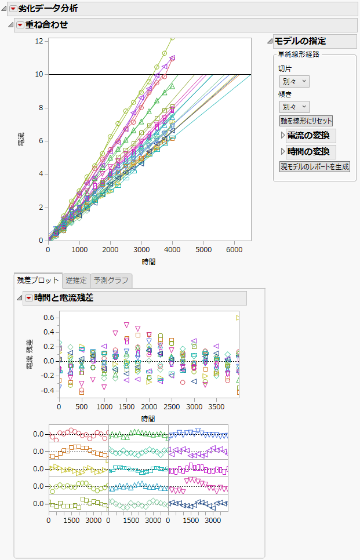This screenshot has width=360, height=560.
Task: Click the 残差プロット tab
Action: [x=38, y=281]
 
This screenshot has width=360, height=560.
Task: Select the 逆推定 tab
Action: [x=76, y=281]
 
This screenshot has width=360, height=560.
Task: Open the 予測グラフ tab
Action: [x=112, y=281]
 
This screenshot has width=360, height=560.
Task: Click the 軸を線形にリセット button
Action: [x=306, y=121]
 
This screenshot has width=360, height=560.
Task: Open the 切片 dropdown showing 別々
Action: [x=294, y=82]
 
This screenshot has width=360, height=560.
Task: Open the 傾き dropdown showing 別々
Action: [x=294, y=107]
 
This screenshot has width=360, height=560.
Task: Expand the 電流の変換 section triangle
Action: [x=283, y=136]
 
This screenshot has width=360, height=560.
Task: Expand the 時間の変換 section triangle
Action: [x=283, y=152]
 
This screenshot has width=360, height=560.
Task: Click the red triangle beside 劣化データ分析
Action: [x=13, y=9]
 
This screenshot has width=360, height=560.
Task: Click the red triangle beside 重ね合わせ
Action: [x=20, y=25]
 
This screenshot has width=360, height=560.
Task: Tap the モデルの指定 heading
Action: [x=300, y=41]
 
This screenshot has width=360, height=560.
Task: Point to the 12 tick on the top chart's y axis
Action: [x=39, y=41]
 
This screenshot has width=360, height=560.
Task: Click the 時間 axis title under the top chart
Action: [x=149, y=261]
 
